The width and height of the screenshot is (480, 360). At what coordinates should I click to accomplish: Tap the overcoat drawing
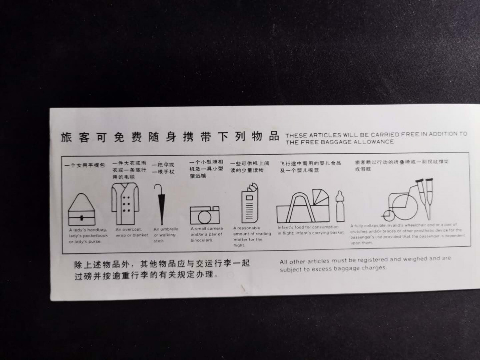[x=126, y=204]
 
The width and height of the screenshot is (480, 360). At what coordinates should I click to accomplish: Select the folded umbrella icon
[x=160, y=204]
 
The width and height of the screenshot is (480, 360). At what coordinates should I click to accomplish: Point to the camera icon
[x=205, y=215]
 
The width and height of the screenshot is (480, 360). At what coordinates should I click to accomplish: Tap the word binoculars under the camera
[x=202, y=240]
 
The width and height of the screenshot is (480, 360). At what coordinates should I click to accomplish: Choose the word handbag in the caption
[x=97, y=230]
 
